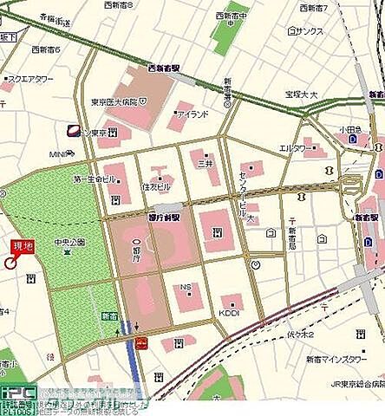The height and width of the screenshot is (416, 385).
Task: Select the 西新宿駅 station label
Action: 164,67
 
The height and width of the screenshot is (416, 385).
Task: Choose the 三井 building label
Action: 206,162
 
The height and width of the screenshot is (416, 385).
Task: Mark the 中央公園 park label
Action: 67,242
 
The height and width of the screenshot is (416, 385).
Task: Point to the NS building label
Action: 186,286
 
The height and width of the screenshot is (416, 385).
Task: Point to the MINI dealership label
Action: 59,154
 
